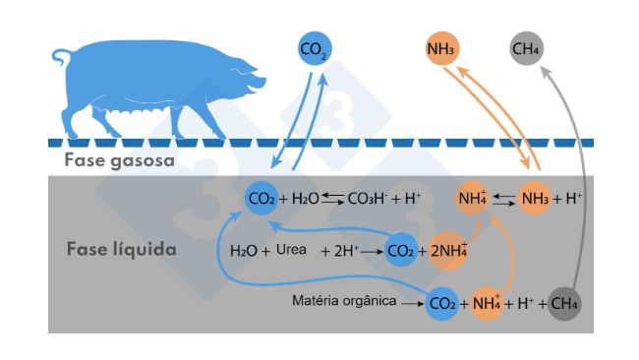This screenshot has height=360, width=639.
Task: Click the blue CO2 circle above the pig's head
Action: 315,47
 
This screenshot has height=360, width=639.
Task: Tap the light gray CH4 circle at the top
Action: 527,47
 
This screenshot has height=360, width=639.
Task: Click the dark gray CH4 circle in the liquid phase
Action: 564,304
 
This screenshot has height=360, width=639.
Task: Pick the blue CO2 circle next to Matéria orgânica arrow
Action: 442,304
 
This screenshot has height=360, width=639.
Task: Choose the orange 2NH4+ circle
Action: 447,252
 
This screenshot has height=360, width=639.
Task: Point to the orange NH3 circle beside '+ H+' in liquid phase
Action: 536,198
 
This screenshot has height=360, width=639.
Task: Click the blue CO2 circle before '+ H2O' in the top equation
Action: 261,199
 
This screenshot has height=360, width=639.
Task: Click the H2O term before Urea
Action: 243,252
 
